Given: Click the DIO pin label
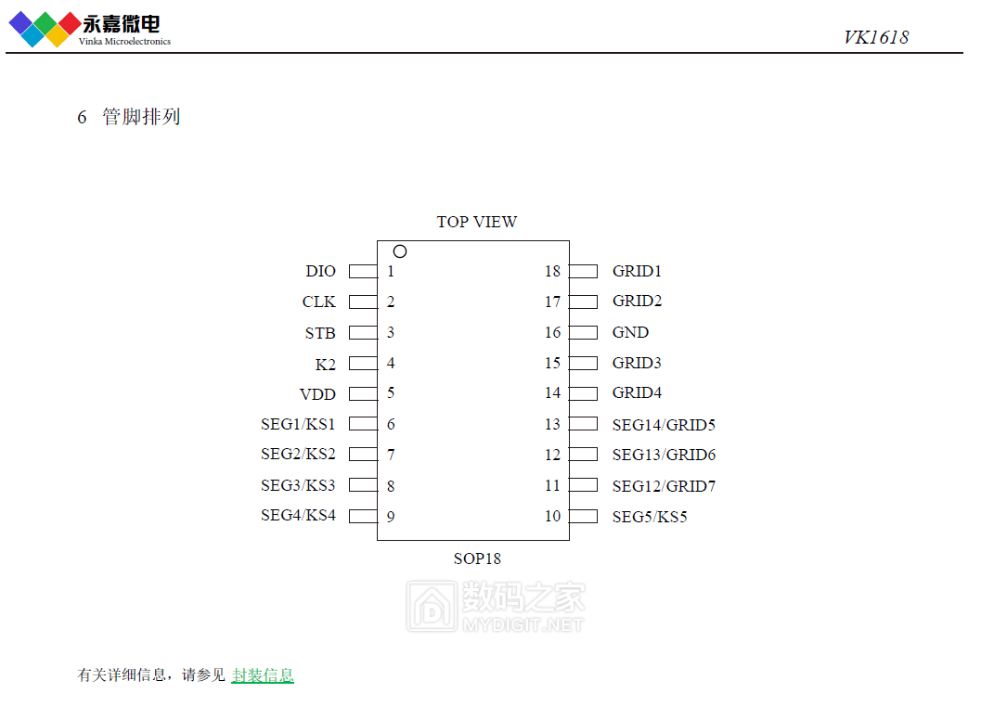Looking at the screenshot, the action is pos(320,271).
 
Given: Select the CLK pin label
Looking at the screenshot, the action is pos(319,302).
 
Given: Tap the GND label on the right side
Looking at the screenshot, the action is pos(630,332).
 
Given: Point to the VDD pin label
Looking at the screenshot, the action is pos(317,394).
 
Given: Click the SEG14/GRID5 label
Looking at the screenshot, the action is pos(664,424).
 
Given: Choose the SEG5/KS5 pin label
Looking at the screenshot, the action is pos(649,517).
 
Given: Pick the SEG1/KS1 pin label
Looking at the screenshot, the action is pos(298,424).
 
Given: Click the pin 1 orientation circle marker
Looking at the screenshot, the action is pos(400,251).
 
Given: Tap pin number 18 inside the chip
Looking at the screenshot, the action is pos(552,271).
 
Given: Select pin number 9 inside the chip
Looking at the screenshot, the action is pos(391,516).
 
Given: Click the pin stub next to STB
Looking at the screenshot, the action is pos(363,332).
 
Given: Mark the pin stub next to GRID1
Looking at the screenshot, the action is pos(583,271).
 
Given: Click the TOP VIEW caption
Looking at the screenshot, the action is pos(477,222).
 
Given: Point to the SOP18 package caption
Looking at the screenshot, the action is pos(477,559).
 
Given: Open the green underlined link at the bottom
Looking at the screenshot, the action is pos(263,675).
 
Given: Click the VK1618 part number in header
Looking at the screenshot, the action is pos(876,37).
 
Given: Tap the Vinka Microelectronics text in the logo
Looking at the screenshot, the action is pos(124,41).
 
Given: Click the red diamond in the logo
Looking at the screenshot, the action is pos(69,23).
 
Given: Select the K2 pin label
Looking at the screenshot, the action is pos(325,365).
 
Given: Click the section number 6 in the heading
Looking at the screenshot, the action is pos(82,117).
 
